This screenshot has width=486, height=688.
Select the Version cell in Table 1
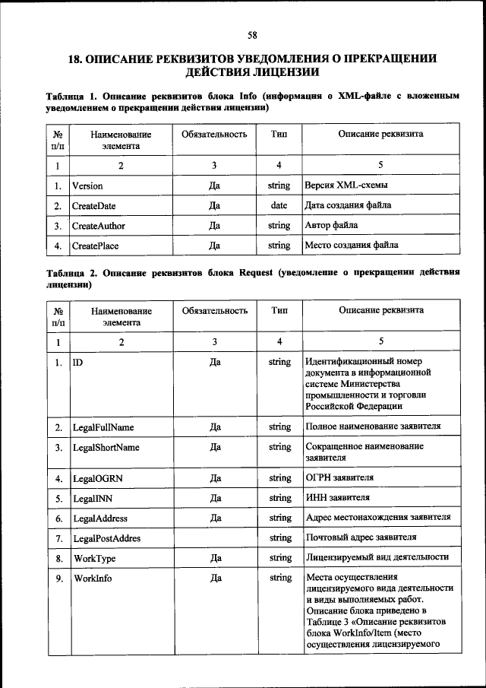coord(87,185)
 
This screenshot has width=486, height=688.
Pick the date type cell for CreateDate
coord(279,206)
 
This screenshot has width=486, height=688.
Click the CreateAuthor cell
coord(98,226)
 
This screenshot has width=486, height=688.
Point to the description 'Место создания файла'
coord(351,246)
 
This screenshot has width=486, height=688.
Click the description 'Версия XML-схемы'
coord(346,185)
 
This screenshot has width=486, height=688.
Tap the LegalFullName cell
coord(103,428)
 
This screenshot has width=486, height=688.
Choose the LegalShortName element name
coord(106,448)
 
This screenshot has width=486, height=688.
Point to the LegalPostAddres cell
coord(106,538)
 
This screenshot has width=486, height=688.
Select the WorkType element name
coord(93,558)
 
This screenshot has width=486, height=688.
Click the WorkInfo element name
coord(92,579)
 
